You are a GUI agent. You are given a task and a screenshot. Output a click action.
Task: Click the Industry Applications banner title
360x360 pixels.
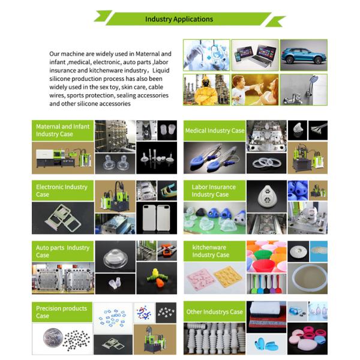click(x=179, y=19)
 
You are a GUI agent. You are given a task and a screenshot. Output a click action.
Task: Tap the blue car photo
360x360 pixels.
click(x=304, y=55)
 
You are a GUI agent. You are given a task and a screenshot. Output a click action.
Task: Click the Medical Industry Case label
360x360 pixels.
click(x=215, y=130)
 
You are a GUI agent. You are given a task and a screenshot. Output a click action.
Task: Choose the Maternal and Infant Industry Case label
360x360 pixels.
click(x=62, y=130)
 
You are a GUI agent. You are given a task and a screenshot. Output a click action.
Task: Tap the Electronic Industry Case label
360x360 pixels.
click(x=62, y=191)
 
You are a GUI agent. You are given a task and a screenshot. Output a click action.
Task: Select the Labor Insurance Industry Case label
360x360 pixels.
click(x=214, y=191)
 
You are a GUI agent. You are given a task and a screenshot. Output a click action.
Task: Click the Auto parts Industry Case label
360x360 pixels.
click(x=62, y=251)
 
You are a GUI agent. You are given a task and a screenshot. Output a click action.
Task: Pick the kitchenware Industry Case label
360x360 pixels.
click(x=211, y=251)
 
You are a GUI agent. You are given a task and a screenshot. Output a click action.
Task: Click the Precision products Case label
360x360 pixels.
click(x=61, y=312)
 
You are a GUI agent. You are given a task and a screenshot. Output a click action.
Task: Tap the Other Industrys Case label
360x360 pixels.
click(x=214, y=311)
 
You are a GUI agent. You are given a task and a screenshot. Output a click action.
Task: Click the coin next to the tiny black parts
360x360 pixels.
click(x=53, y=337)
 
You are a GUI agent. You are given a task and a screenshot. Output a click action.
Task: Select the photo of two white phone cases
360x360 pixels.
click(x=157, y=218)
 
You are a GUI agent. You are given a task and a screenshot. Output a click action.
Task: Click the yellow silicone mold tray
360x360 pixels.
click(x=228, y=275)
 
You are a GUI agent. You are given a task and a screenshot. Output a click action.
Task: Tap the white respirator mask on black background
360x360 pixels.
click(x=266, y=197)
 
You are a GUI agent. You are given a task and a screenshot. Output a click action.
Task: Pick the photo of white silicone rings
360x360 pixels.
click(x=266, y=163)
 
